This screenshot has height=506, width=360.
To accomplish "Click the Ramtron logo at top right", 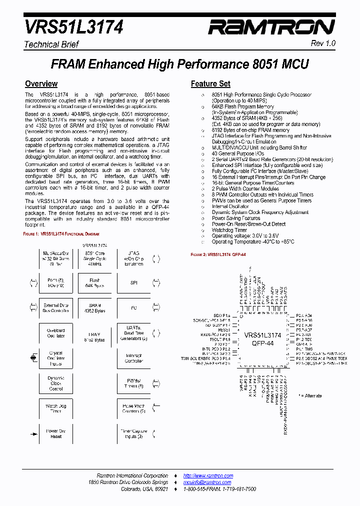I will [x=272, y=27].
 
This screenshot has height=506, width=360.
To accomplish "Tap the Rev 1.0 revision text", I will [x=323, y=44].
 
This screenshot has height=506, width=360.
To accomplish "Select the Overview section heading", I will [x=41, y=84].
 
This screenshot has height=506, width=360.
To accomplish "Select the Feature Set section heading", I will [x=210, y=84].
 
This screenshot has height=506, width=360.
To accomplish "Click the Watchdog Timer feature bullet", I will [x=229, y=230].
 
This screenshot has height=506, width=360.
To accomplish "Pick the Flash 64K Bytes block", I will [x=94, y=283].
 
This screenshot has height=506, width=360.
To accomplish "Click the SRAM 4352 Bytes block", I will [x=94, y=308].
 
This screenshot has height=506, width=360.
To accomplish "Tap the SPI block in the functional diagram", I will [x=133, y=283].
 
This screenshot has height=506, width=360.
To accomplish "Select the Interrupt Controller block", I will [x=133, y=358].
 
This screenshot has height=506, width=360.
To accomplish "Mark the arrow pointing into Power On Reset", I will [x=33, y=433].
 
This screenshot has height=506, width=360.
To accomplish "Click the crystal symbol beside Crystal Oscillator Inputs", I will [x=33, y=357].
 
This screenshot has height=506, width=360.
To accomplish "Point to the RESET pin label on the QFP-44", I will [x=224, y=330].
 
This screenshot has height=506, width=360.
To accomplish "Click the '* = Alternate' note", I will [x=310, y=395].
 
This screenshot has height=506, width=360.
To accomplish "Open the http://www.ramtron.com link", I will [x=208, y=475].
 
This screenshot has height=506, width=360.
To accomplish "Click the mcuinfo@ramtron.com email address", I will [x=208, y=482].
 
